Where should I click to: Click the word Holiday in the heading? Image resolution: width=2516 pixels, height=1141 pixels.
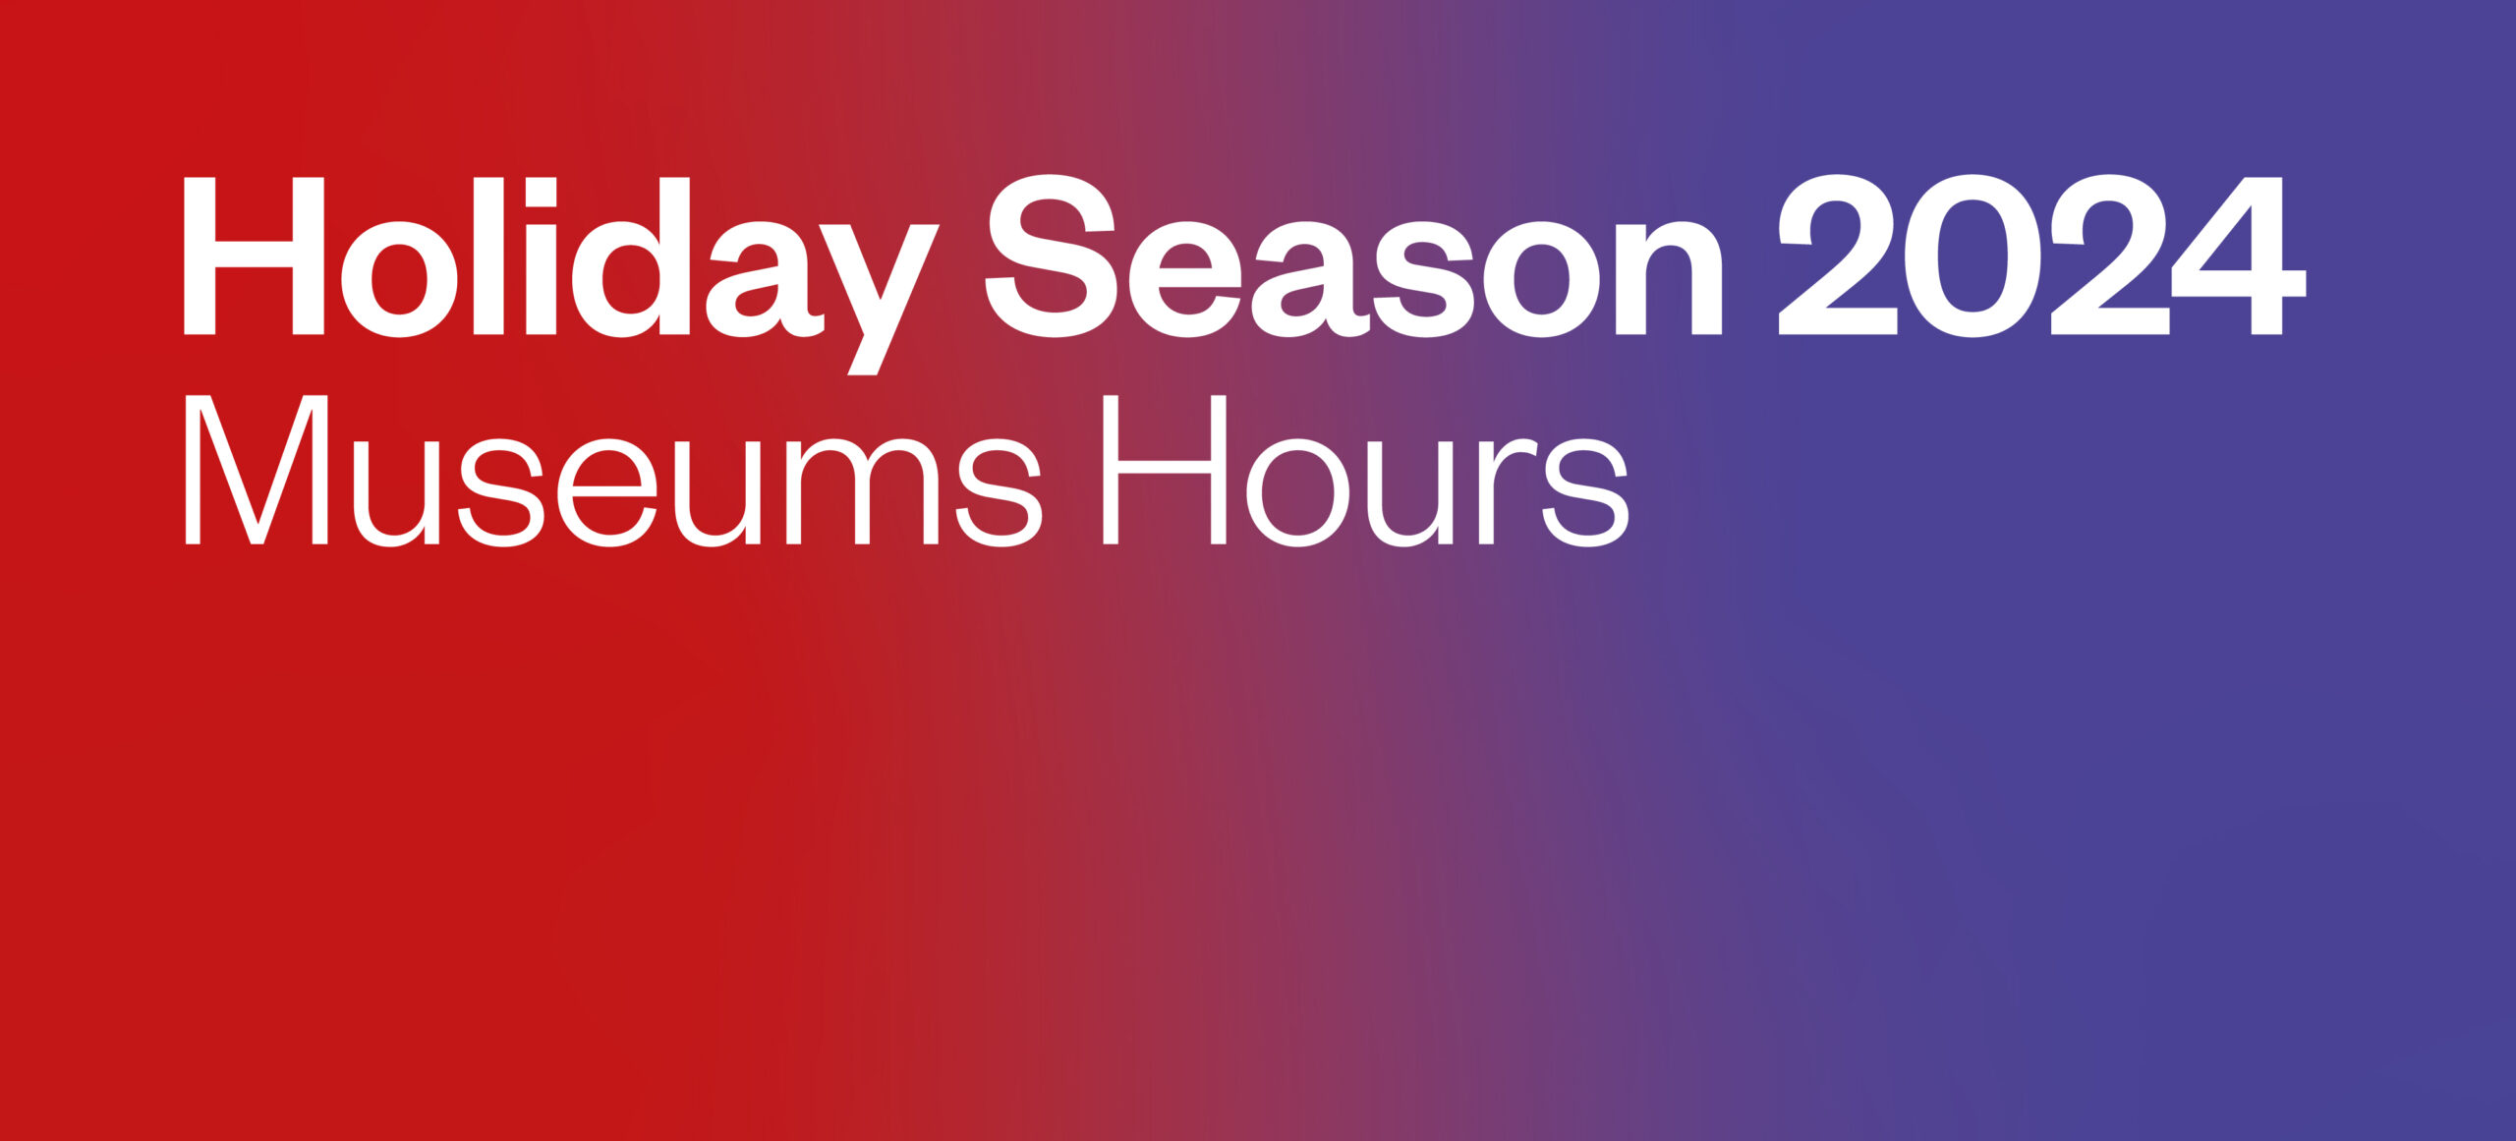[561, 275]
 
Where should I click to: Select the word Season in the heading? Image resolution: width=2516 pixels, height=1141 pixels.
[1353, 257]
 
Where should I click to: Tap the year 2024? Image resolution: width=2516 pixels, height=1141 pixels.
[2042, 256]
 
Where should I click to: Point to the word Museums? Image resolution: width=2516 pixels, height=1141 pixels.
[612, 471]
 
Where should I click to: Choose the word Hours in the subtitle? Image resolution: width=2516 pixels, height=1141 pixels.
[1366, 471]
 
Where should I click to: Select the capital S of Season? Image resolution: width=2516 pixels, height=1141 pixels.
[1051, 256]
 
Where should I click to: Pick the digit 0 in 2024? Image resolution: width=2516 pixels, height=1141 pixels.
[1973, 256]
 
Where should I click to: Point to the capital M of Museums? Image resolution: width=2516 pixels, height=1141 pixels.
[257, 471]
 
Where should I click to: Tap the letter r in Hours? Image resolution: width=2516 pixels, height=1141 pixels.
[1508, 488]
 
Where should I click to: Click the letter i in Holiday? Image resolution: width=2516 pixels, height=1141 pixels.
[541, 257]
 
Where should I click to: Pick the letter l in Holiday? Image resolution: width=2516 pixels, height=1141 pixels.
[488, 257]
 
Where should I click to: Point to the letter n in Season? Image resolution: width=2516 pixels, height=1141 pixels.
[1669, 279]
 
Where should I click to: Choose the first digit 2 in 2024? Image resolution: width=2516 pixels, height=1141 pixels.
[1838, 255]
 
